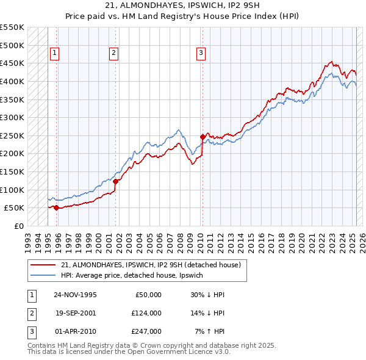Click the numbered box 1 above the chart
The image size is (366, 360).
click(x=54, y=53)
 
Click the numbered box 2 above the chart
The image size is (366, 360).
click(x=113, y=53)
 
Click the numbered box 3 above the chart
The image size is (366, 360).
click(x=201, y=53)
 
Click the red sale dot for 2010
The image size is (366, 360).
click(x=203, y=137)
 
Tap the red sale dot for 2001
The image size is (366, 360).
click(x=115, y=181)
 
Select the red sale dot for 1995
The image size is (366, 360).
click(x=56, y=207)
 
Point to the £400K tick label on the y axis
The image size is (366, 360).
click(x=12, y=81)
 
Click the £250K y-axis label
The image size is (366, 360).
click(x=12, y=135)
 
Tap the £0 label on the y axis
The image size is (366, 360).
click(x=18, y=226)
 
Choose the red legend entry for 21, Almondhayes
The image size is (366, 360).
click(x=151, y=265)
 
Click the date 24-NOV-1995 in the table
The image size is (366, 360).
click(x=75, y=294)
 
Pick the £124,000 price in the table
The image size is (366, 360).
click(x=146, y=313)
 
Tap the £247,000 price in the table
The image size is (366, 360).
click(x=146, y=331)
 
